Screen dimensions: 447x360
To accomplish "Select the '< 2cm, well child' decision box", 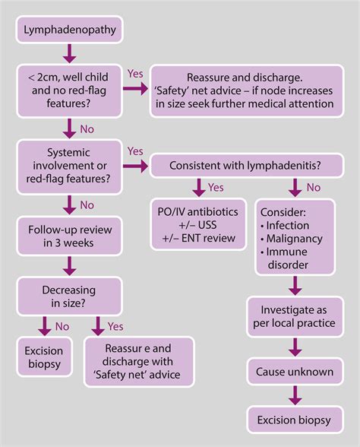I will (x=69, y=90).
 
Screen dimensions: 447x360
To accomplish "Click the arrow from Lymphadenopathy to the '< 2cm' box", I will (x=69, y=54).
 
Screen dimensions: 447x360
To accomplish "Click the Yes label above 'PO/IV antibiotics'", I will (x=215, y=186).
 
